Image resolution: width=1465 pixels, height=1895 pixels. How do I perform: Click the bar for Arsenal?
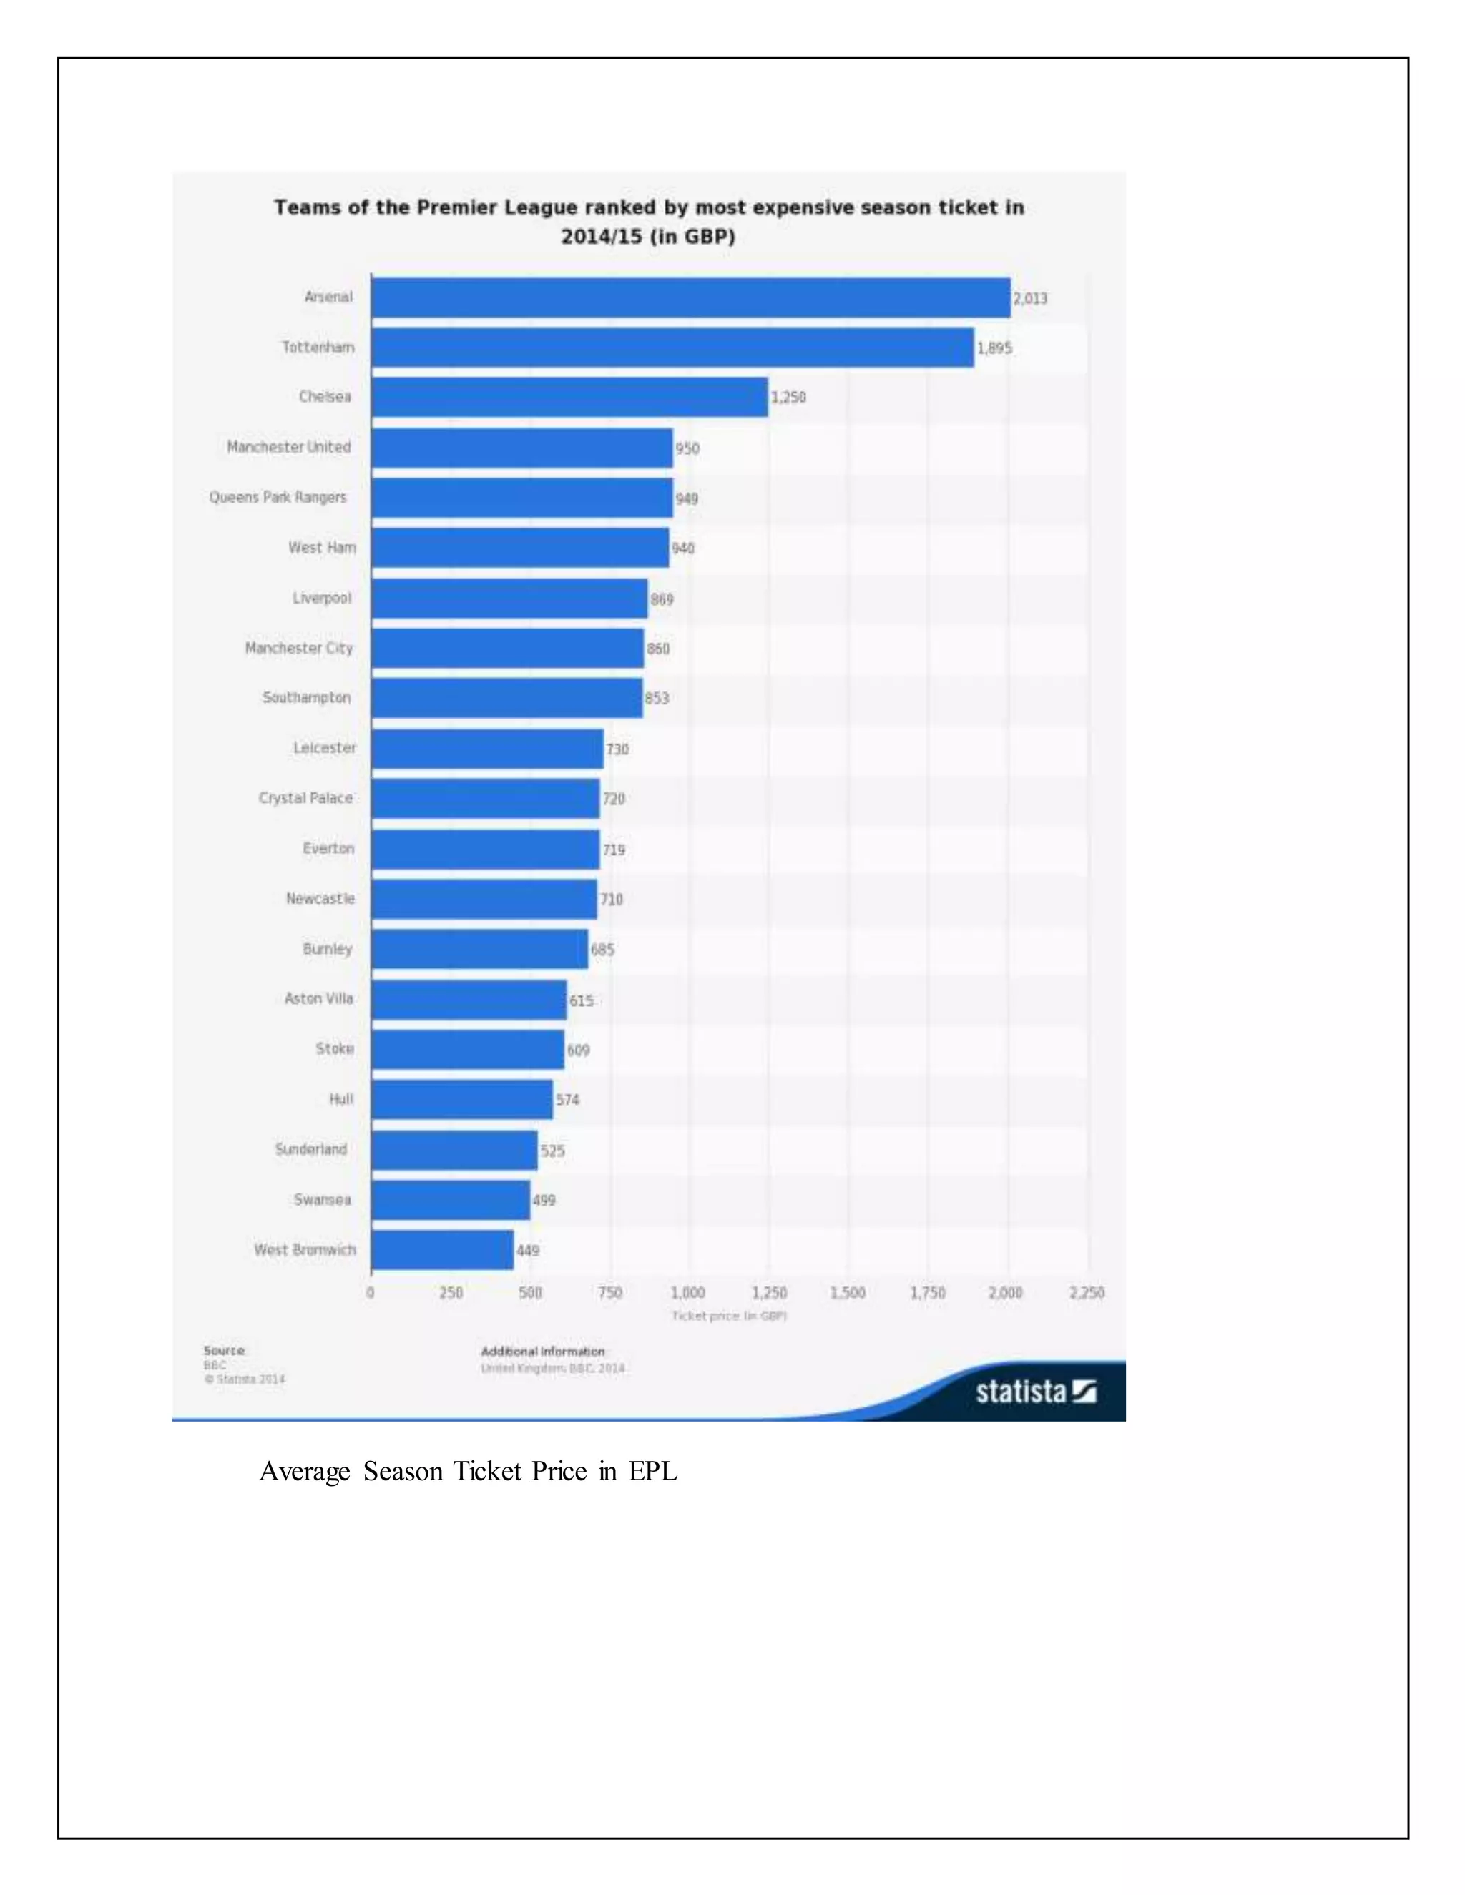pos(690,297)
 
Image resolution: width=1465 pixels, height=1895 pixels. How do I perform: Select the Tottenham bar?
pos(672,347)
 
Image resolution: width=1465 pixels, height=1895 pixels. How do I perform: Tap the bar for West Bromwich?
pos(442,1249)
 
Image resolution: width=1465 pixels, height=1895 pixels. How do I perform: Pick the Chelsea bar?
pos(569,397)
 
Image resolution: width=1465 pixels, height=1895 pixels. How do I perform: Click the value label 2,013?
pos(1030,298)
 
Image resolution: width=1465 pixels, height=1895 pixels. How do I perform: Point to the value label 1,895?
pos(994,348)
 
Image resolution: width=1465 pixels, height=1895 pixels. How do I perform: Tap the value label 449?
pos(528,1250)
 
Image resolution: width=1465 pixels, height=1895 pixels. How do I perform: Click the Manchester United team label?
pos(289,447)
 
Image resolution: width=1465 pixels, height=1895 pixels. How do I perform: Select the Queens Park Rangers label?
pos(278,497)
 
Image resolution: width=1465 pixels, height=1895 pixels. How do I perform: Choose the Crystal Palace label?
pos(305,797)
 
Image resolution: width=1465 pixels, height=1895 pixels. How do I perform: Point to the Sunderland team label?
pos(310,1149)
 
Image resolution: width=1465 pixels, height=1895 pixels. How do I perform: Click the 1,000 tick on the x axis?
pos(688,1293)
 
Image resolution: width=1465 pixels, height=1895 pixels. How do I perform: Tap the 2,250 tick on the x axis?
pos(1087,1293)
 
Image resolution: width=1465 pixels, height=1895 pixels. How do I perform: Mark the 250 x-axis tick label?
pos(451,1293)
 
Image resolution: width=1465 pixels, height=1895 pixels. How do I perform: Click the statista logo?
pos(1035,1392)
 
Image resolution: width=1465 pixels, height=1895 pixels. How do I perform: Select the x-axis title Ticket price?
pos(729,1316)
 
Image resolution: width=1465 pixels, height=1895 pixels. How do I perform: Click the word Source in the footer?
pos(224,1350)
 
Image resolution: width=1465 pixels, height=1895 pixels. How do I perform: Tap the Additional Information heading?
pos(542,1351)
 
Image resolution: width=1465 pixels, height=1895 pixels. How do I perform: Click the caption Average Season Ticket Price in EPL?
pos(469,1472)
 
